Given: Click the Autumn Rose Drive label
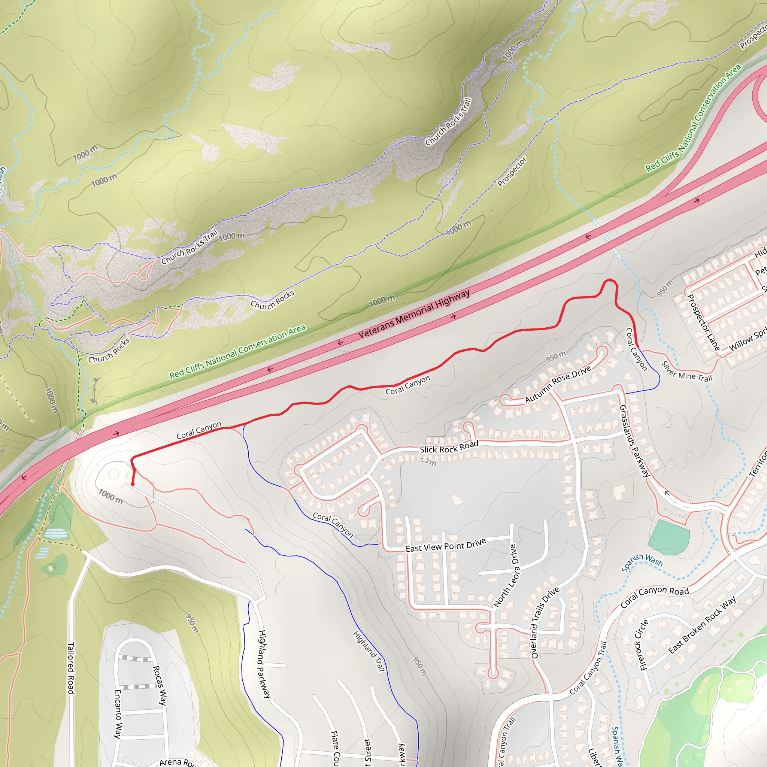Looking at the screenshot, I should click(x=558, y=384).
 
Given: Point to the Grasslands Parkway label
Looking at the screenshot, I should click(x=634, y=441).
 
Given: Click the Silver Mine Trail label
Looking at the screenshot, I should click(x=687, y=372).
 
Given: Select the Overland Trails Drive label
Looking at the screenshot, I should click(x=545, y=622).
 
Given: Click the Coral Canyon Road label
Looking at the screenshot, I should click(x=655, y=596).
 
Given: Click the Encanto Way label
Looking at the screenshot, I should click(x=118, y=714).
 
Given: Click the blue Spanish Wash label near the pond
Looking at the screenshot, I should click(x=642, y=562).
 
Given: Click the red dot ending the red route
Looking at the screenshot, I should click(x=133, y=484).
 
